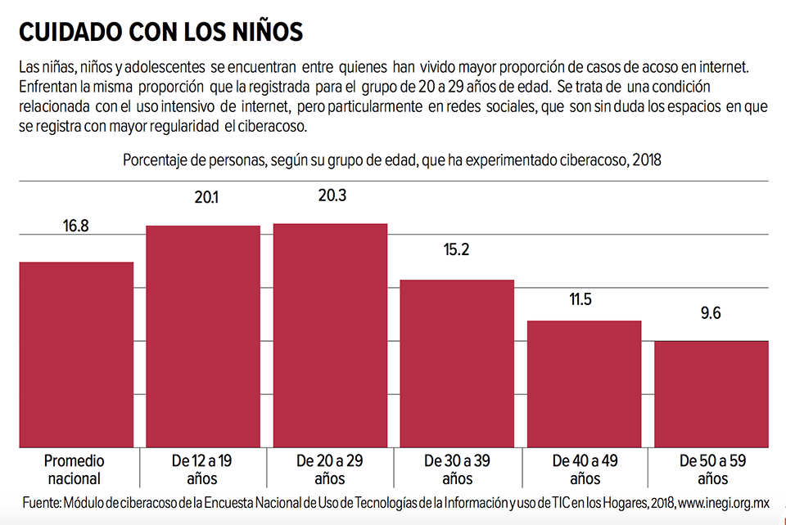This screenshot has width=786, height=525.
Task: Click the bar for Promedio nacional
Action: click(x=76, y=354)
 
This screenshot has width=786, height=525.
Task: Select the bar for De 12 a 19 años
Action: click(x=203, y=336)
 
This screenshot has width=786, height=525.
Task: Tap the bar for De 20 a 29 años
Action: click(x=330, y=335)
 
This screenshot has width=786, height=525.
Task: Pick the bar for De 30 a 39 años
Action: click(x=457, y=363)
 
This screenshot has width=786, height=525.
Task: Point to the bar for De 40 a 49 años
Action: click(x=584, y=384)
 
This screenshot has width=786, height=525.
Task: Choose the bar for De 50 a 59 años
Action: click(x=711, y=393)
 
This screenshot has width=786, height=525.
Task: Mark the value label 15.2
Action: click(x=456, y=249)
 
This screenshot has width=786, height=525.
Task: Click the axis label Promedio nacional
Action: click(x=75, y=469)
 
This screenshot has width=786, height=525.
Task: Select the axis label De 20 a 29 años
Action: click(x=330, y=469)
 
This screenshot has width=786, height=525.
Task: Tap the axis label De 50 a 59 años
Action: click(x=711, y=469)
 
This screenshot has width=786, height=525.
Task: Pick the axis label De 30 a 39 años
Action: click(x=457, y=469)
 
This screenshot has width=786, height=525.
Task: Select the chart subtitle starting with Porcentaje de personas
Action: click(x=391, y=160)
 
